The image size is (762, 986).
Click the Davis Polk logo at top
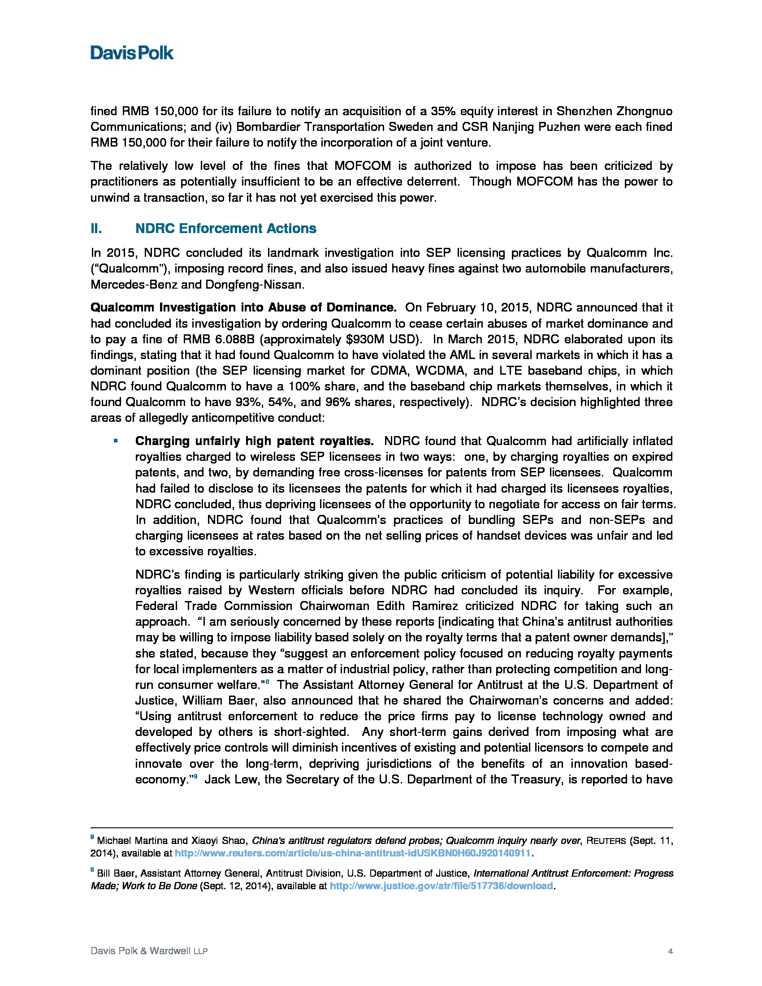(x=131, y=53)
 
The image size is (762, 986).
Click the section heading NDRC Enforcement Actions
(x=225, y=229)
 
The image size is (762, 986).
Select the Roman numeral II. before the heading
(x=96, y=229)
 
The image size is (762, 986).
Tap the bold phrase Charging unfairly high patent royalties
(x=254, y=441)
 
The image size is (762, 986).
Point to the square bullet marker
(x=116, y=441)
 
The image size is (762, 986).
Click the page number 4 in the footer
(x=671, y=951)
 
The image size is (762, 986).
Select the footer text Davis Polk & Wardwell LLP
(x=149, y=951)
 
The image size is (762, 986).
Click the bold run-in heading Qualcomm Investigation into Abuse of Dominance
(x=243, y=308)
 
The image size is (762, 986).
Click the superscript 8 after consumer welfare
(x=267, y=682)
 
